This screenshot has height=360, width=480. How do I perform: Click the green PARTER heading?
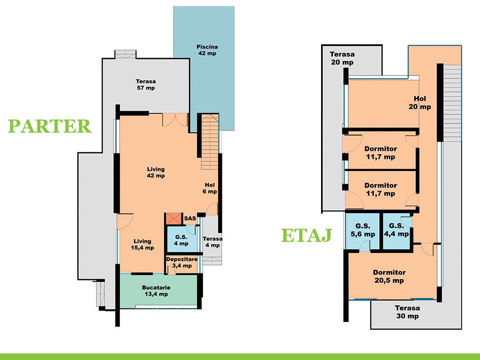50,126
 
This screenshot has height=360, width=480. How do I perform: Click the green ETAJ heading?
307,235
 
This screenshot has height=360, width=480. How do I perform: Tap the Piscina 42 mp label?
207,50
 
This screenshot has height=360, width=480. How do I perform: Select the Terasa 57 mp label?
146,84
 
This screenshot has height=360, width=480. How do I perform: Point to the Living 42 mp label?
156,172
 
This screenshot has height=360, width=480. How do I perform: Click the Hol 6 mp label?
210,188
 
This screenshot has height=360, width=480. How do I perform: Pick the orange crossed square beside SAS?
174,218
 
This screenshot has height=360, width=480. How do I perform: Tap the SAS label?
190,218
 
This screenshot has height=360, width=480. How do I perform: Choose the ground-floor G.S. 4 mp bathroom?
181,239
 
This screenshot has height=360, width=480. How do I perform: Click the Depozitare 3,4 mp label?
182,262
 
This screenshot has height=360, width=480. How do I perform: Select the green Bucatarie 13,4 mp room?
158,291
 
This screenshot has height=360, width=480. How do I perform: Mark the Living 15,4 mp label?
142,244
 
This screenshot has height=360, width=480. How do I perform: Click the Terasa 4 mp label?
212,242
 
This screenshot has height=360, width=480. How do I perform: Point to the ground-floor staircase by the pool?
210,142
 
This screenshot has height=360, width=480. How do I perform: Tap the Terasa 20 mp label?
342,58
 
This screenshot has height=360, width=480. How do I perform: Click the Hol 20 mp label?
420,103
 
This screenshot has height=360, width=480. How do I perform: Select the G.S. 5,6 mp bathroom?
363,231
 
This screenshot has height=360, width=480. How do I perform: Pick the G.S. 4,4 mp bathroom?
397,231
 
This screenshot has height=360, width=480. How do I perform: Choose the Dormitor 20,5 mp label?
389,277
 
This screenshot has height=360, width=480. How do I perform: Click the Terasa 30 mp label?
407,312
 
